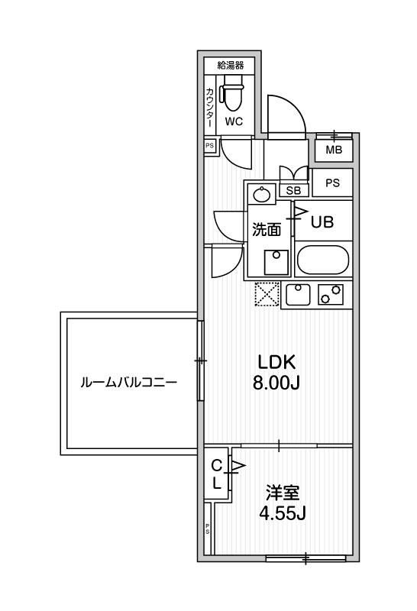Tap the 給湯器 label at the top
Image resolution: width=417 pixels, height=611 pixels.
(231, 66)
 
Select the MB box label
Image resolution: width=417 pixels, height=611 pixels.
(334, 150)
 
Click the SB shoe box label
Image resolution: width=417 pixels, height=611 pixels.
(293, 190)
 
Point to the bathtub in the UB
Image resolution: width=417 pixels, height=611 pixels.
(323, 260)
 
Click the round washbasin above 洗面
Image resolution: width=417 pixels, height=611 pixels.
(260, 194)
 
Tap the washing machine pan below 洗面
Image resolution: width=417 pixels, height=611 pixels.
(276, 262)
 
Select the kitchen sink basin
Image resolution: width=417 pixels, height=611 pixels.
(298, 295)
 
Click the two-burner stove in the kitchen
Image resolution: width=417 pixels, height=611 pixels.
(331, 295)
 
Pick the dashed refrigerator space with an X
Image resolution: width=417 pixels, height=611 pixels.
(267, 294)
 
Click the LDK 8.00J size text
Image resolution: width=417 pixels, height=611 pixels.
(276, 373)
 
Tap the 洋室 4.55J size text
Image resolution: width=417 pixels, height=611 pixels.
(283, 503)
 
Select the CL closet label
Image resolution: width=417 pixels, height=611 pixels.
(217, 474)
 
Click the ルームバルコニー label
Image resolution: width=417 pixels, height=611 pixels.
(128, 383)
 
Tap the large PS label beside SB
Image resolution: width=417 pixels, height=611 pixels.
(332, 183)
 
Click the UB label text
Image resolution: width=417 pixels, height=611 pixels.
(322, 221)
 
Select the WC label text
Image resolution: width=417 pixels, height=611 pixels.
(234, 121)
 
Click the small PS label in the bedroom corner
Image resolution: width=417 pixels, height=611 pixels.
(207, 529)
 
